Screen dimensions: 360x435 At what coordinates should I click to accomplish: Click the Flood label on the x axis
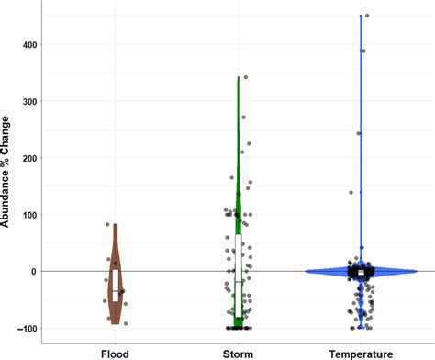(x=116, y=352)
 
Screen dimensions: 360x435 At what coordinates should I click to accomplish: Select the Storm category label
(x=239, y=352)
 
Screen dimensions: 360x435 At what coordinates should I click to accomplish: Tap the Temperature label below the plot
(x=362, y=352)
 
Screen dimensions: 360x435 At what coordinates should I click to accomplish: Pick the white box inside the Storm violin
(x=239, y=262)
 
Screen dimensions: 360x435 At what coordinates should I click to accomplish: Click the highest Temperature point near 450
(x=367, y=16)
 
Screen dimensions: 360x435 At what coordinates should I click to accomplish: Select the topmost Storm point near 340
(x=245, y=77)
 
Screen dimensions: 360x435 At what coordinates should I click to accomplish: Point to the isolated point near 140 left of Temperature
(x=326, y=193)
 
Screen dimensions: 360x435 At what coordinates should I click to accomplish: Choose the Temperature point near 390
(x=363, y=51)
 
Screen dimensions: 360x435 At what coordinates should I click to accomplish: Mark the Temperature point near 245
(x=359, y=133)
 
